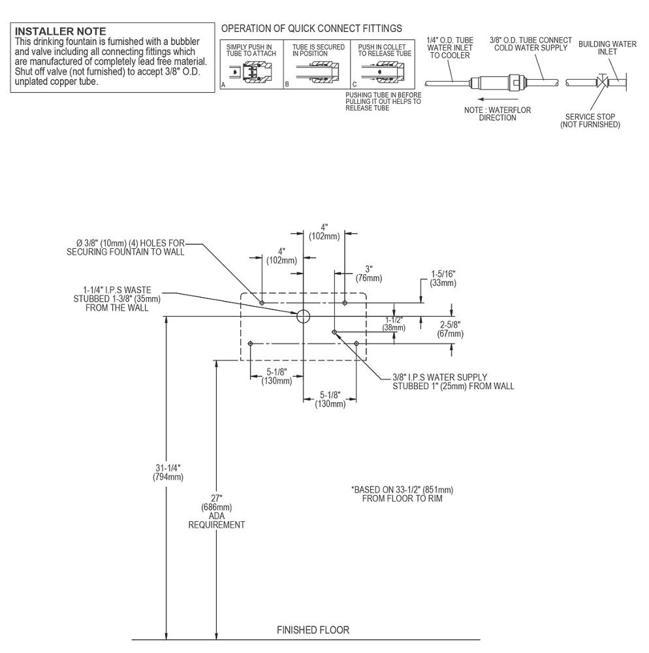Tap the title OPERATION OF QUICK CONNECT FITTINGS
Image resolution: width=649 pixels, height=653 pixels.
coord(311,28)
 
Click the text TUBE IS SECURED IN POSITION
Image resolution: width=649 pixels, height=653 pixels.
coord(318,50)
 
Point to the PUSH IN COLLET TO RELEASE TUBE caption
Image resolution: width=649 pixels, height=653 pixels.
coord(383,50)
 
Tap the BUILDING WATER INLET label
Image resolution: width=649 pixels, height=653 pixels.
coord(607,48)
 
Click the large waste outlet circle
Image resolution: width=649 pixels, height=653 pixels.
coord(304,317)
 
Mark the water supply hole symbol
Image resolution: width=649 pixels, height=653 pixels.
coord(334,332)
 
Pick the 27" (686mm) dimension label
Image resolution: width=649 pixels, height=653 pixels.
coord(216,503)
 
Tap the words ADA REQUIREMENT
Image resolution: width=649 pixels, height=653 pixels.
coord(216,520)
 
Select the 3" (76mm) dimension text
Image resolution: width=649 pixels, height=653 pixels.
coord(369,273)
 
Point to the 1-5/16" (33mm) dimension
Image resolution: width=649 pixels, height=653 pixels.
coord(443,279)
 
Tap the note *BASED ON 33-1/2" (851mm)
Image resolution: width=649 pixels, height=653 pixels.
coord(402,490)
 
